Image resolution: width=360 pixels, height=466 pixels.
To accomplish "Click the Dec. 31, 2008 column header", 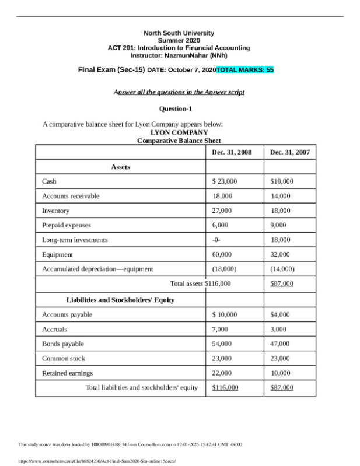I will (232, 152).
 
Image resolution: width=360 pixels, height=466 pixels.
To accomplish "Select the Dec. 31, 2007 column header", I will (290, 152).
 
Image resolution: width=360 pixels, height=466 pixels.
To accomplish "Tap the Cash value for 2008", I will (225, 181).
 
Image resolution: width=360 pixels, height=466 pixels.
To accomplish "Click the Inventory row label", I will (55, 211).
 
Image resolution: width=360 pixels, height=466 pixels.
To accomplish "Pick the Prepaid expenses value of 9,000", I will (278, 225).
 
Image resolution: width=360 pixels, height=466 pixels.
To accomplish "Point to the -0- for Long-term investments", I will (217, 240).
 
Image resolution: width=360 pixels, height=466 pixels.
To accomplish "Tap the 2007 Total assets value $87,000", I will (282, 284).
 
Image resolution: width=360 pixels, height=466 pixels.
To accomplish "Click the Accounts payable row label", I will (67, 314).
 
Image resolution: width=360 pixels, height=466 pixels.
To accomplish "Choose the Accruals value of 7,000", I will (220, 329).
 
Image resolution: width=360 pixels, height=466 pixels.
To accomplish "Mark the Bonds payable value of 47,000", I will (280, 344).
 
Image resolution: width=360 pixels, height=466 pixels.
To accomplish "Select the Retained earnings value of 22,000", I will (222, 373).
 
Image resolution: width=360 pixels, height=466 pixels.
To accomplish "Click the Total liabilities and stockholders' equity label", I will (141, 387).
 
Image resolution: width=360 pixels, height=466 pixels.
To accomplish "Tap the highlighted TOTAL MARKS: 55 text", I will (244, 70).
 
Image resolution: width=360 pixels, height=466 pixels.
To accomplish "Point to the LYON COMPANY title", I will (179, 132).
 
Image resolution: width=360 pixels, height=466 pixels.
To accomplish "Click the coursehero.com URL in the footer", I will (90, 460).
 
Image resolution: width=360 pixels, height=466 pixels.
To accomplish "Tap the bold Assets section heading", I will (120, 167).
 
